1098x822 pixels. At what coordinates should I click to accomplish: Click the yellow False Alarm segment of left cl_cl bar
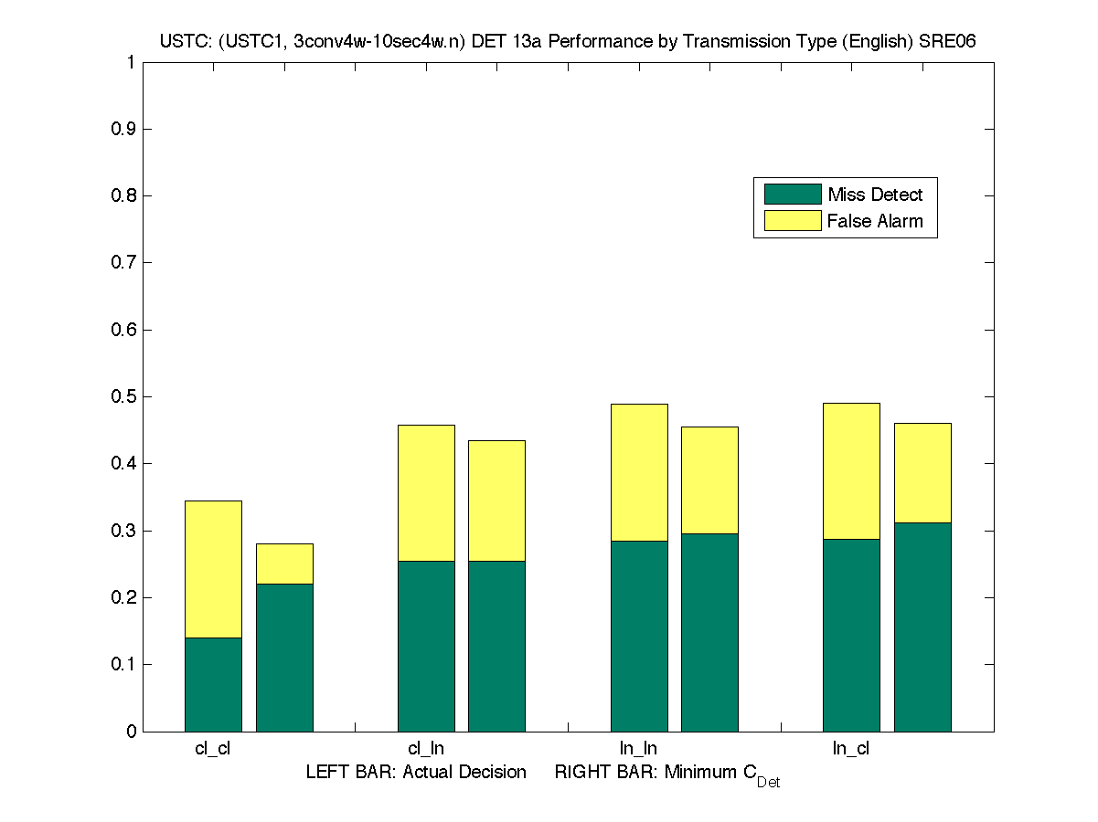point(213,569)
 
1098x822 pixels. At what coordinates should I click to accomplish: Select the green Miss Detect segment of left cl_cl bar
point(213,684)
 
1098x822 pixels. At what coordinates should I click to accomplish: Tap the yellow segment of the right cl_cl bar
point(284,564)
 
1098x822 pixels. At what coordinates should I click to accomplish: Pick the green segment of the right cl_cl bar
point(284,658)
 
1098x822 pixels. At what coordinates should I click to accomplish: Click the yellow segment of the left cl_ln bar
point(426,492)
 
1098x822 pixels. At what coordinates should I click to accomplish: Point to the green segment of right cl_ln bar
point(496,646)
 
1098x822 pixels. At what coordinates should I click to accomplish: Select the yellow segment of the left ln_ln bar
point(639,472)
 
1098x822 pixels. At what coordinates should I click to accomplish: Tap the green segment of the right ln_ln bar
point(709,632)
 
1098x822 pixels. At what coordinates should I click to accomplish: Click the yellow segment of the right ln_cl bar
point(922,472)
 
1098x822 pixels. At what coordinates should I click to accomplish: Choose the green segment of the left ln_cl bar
point(851,635)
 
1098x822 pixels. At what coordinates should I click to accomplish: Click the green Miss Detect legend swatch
point(793,195)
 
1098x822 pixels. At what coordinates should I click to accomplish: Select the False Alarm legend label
point(875,221)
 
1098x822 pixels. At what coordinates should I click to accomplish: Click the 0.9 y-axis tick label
point(124,130)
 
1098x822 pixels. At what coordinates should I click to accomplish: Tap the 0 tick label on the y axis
point(132,732)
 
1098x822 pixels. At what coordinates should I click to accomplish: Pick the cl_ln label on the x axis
point(426,749)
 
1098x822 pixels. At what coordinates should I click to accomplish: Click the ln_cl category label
point(851,749)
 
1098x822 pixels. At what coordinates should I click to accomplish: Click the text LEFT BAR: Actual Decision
point(416,773)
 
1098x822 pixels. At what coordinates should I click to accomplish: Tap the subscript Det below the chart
point(768,783)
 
